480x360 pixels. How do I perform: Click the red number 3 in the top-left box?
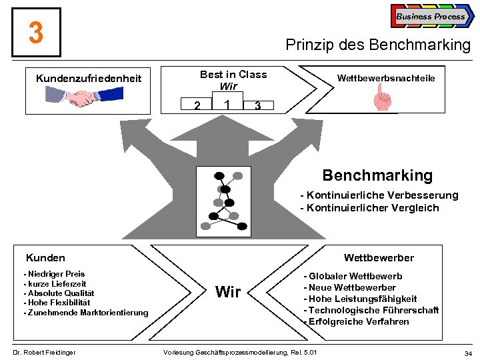click(x=36, y=33)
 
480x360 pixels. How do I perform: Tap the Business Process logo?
click(x=431, y=17)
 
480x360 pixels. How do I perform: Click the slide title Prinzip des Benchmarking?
click(x=377, y=45)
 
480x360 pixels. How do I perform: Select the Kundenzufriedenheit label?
click(x=89, y=79)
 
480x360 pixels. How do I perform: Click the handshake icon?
click(x=83, y=99)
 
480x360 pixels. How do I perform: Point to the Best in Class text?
click(x=233, y=75)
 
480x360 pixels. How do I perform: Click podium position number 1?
click(x=228, y=105)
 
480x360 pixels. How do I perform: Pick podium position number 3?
click(x=257, y=106)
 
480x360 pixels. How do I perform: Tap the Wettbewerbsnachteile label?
click(x=386, y=79)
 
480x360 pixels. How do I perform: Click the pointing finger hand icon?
click(x=383, y=101)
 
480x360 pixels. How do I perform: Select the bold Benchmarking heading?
click(x=377, y=175)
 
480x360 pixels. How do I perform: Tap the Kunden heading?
click(x=45, y=258)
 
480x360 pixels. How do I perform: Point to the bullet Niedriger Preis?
click(x=55, y=274)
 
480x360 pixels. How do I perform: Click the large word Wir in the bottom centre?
click(x=229, y=292)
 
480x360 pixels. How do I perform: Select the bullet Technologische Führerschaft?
click(x=373, y=310)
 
